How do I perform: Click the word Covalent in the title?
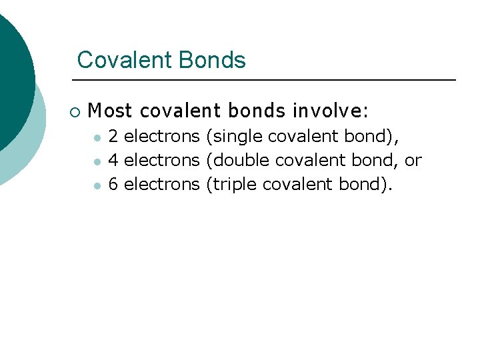coord(116,60)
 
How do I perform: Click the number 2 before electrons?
coord(113,137)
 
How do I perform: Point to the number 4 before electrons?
coord(113,160)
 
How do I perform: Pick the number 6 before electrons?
coord(113,183)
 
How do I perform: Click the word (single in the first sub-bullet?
coord(234,137)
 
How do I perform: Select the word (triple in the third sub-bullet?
coord(232,183)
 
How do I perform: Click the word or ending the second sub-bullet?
coord(413,160)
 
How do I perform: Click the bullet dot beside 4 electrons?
coord(97,162)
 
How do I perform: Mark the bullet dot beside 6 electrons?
coord(97,185)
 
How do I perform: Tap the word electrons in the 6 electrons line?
coord(162,183)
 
